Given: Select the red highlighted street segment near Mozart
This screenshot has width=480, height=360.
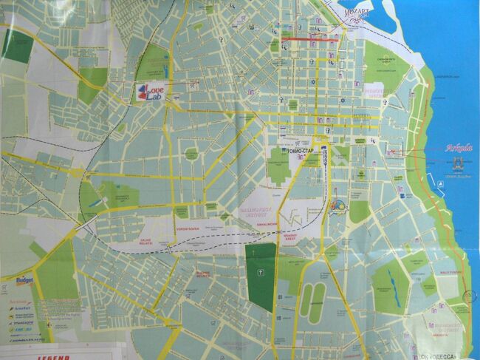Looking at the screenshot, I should pyautogui.click(x=310, y=38).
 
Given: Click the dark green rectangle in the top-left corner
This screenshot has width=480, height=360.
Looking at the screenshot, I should pyautogui.click(x=14, y=44).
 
